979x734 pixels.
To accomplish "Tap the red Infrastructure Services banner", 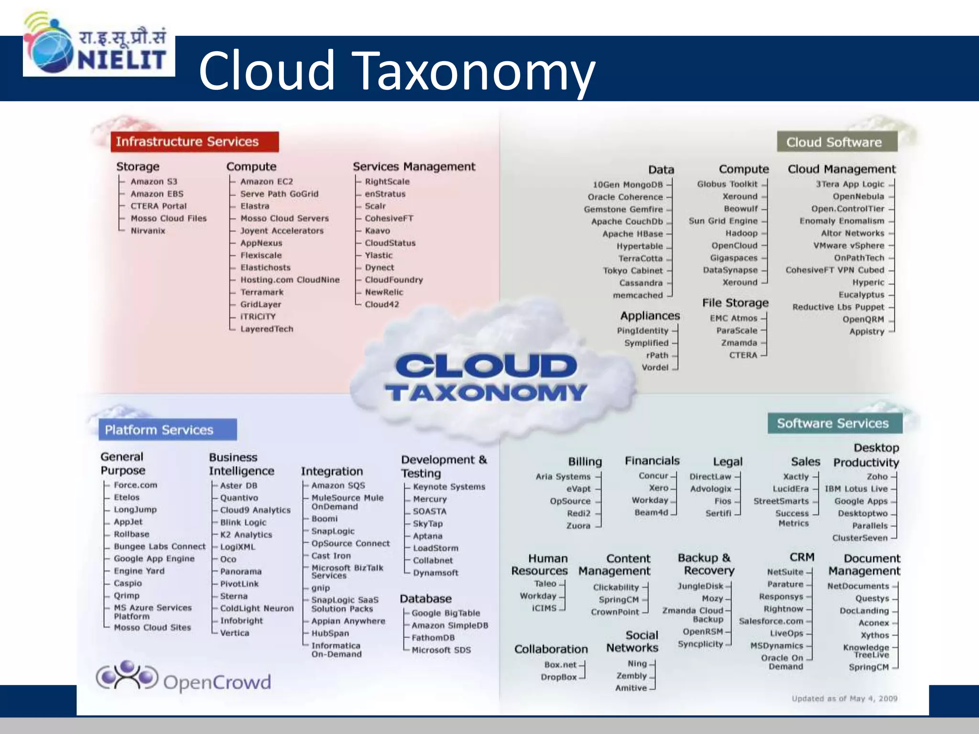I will coord(195,142).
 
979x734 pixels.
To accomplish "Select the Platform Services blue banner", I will coord(167,430).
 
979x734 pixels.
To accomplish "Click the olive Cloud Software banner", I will coord(837,142).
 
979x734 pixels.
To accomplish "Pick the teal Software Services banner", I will coord(835,423).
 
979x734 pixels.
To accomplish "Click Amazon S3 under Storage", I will coord(153,182).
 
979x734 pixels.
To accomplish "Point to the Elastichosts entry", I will coord(265,268).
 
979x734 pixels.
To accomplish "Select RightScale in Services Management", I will coord(387,182).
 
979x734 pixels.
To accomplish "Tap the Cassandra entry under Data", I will coord(641,283).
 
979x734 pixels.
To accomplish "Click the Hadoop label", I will coord(741,233).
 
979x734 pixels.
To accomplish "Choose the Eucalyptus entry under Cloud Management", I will coord(861,295).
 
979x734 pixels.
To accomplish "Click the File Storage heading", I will coord(735,303).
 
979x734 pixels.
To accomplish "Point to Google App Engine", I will coord(154,559).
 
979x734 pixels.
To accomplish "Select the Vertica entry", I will coord(235,633).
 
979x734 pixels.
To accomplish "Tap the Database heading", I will coord(425,599).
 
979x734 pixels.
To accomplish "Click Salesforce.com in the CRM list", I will coord(771,621).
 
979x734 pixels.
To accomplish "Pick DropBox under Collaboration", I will coord(559,677).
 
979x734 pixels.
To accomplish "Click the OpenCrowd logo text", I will coord(217,682).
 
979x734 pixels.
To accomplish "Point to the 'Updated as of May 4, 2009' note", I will coord(844,699).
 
